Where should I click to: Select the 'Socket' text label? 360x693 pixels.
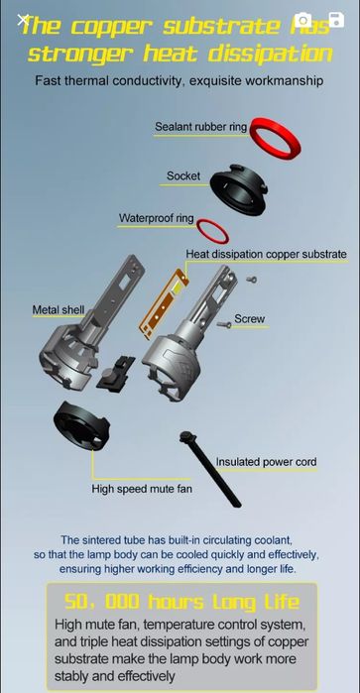pos(183,176)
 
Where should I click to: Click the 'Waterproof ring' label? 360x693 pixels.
pos(156,218)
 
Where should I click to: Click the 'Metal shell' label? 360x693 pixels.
pos(58,310)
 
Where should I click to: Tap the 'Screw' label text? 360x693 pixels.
pos(249,319)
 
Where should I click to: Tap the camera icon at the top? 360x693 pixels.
pos(303,21)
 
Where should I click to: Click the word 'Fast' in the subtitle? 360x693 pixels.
pos(51,80)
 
